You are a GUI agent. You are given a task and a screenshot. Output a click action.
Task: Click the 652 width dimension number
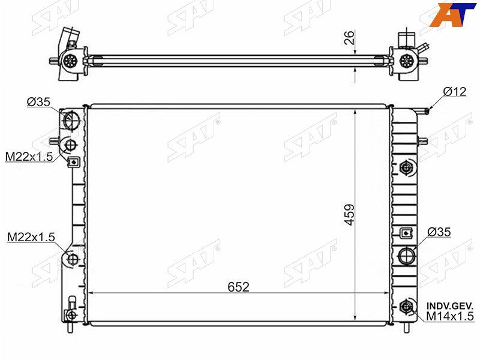[x=238, y=287]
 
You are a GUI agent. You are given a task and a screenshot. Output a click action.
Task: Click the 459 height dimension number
[x=349, y=215]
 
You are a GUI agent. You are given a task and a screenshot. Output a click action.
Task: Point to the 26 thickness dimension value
[x=349, y=38]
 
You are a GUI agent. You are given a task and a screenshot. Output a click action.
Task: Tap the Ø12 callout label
[x=455, y=91]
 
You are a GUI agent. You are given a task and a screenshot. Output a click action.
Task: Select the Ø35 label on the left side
[x=38, y=101]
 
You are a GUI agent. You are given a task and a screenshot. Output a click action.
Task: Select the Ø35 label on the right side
[x=439, y=232]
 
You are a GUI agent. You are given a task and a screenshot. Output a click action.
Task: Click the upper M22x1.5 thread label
[x=29, y=157]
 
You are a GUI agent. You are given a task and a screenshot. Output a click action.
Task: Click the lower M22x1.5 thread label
[x=31, y=236]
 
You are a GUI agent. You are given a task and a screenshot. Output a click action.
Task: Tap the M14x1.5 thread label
[x=449, y=316]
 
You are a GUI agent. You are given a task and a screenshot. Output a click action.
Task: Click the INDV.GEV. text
[x=450, y=306]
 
